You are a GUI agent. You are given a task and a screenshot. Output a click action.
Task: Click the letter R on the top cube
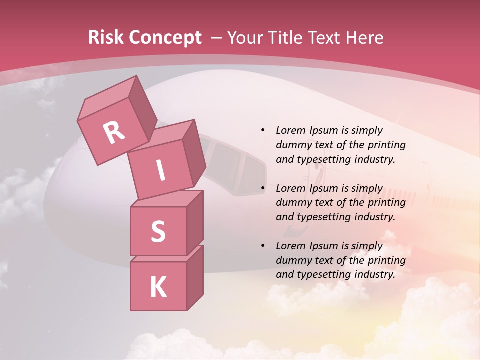pos(114,133)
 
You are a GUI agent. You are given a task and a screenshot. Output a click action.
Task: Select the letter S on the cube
pos(158,231)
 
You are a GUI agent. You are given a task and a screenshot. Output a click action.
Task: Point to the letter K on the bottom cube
pos(158,287)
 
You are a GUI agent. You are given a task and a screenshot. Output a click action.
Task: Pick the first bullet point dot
pos(263,130)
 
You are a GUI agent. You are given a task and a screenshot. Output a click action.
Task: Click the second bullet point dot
pos(263,188)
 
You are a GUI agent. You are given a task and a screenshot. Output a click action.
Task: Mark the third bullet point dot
pos(263,246)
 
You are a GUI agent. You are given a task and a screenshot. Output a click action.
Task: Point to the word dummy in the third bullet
pos(292,260)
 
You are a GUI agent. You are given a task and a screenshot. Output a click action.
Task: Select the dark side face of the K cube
pos(195,277)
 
